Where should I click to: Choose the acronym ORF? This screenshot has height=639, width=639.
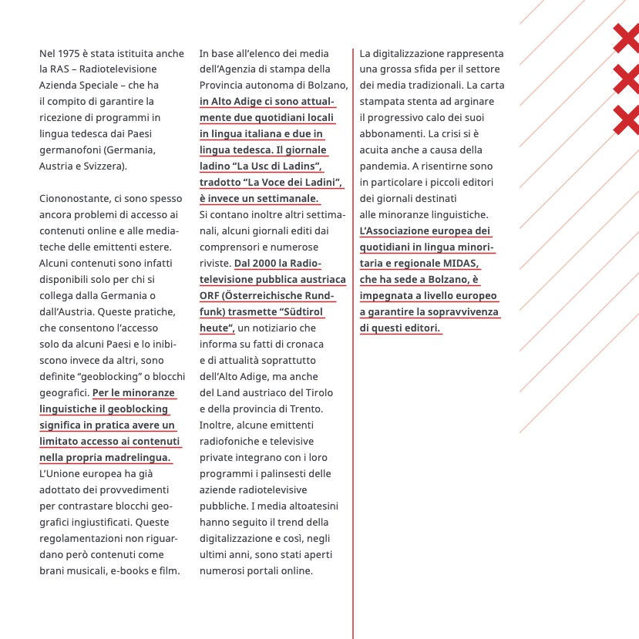pos(211,295)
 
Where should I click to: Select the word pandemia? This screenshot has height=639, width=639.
pos(385,166)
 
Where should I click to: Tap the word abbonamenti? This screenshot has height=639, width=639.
pos(392,133)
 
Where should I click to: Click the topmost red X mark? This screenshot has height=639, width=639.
pos(627,39)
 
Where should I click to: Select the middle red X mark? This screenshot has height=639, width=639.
pos(627,79)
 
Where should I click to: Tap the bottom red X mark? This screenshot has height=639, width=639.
pos(627,119)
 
